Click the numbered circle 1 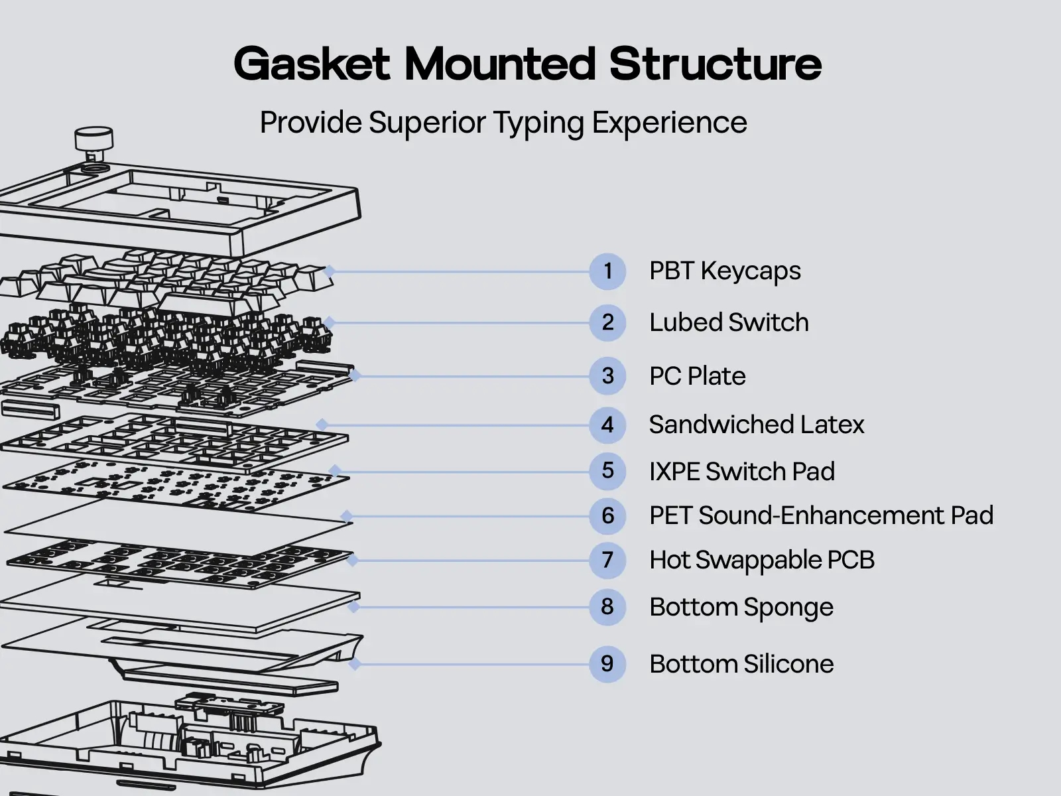point(607,271)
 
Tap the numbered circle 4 point(607,425)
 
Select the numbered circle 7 point(607,561)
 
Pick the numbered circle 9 point(607,664)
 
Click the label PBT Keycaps point(725,271)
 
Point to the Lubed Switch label point(729,323)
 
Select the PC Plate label point(697,376)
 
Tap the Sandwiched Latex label point(757,425)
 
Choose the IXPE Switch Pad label point(741,472)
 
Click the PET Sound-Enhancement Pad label point(821,516)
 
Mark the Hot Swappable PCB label point(761,561)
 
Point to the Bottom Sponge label point(741,608)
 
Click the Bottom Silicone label point(741,664)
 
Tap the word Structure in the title point(715,64)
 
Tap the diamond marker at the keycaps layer point(329,271)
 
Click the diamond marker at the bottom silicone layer point(355,663)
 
